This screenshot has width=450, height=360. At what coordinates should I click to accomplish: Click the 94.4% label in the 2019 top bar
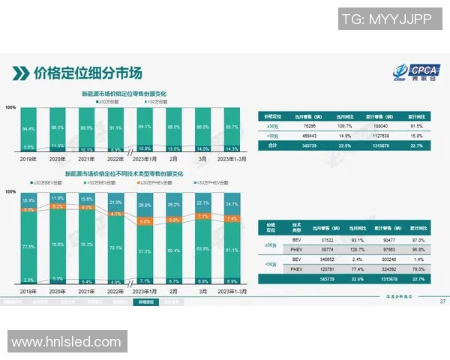pyautogui.click(x=29, y=129)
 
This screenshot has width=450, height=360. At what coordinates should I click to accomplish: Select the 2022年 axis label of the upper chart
pyautogui.click(x=114, y=159)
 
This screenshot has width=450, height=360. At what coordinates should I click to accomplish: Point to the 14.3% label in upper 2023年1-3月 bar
pyautogui.click(x=232, y=149)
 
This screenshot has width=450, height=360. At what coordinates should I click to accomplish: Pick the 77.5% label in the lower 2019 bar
pyautogui.click(x=29, y=246)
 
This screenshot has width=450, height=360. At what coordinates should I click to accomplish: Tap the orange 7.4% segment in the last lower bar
pyautogui.click(x=232, y=219)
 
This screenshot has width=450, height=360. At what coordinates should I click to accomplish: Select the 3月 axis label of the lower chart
pyautogui.click(x=202, y=289)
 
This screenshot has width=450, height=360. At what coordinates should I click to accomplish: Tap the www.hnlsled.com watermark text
pyautogui.click(x=66, y=342)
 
